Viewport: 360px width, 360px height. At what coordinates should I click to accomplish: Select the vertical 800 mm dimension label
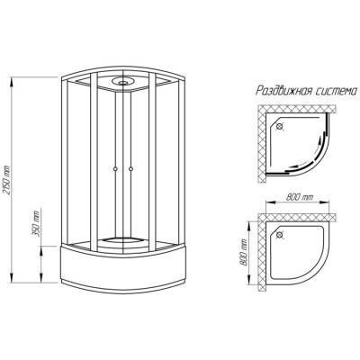[x=244, y=252]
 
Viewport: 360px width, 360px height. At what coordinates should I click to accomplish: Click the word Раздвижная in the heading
[x=282, y=91]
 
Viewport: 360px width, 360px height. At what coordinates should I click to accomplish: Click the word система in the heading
[x=334, y=91]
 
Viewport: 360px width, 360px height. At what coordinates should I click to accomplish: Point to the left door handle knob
[x=115, y=169]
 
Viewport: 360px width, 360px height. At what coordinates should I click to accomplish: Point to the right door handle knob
[x=130, y=169]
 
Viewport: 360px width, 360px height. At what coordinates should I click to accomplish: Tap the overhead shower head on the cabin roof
[x=123, y=81]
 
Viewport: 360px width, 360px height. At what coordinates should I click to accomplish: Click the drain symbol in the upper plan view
[x=280, y=126]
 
